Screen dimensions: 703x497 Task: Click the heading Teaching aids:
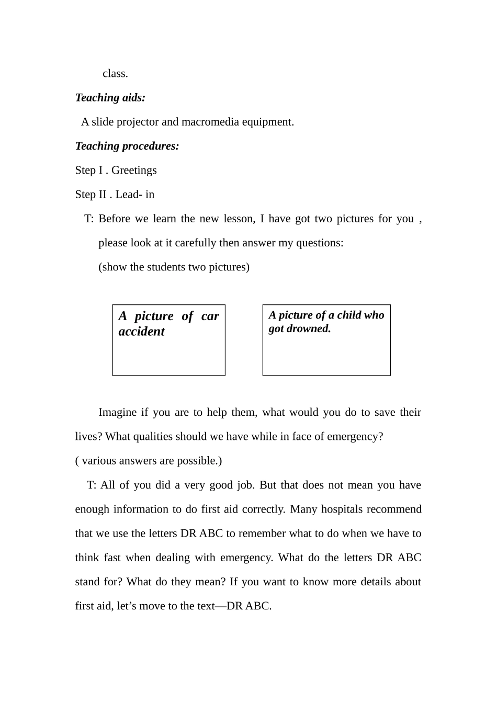pos(110,98)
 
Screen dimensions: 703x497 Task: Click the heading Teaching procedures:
pos(127,146)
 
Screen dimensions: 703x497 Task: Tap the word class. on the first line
pos(115,74)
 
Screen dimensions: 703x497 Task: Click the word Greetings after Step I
pos(134,171)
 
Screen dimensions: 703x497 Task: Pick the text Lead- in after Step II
pos(135,195)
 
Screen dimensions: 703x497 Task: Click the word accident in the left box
pos(141,332)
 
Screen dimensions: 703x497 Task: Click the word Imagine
pos(117,413)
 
